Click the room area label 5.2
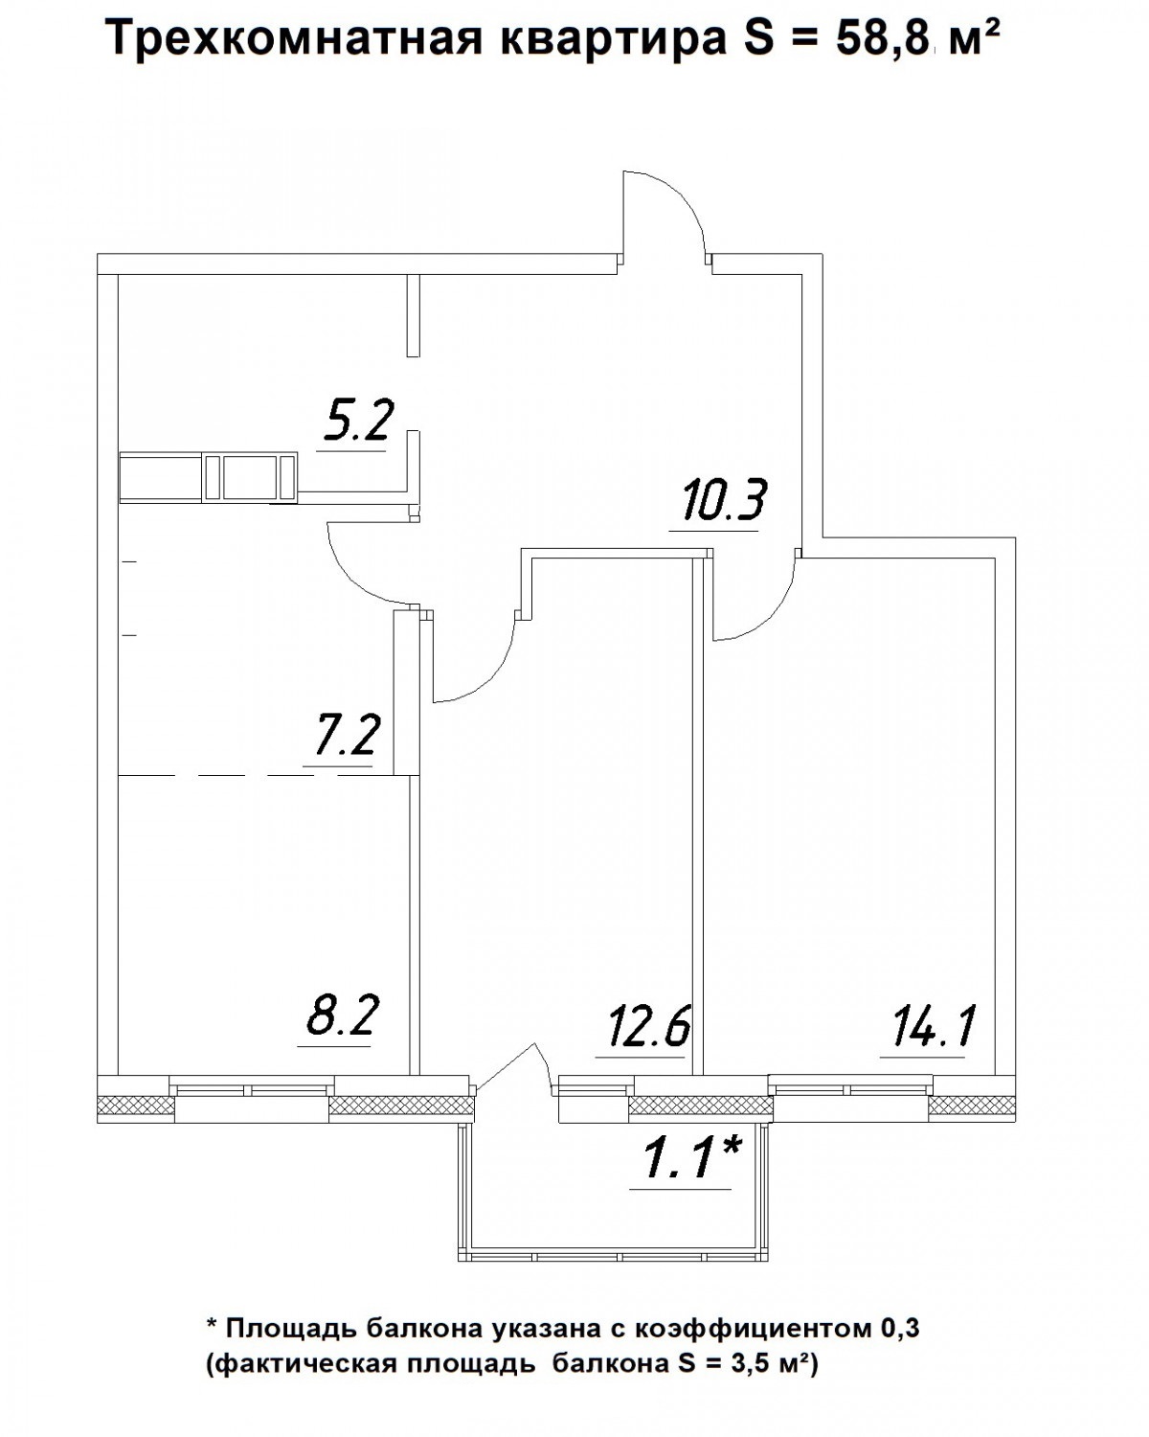point(358,420)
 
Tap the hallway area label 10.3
point(723,499)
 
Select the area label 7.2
point(343,735)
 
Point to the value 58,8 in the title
point(883,38)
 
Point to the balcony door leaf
point(508,1067)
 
